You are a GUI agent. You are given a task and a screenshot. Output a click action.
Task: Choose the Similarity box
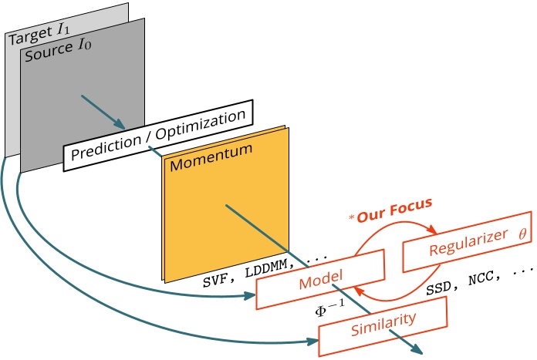coord(383,321)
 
